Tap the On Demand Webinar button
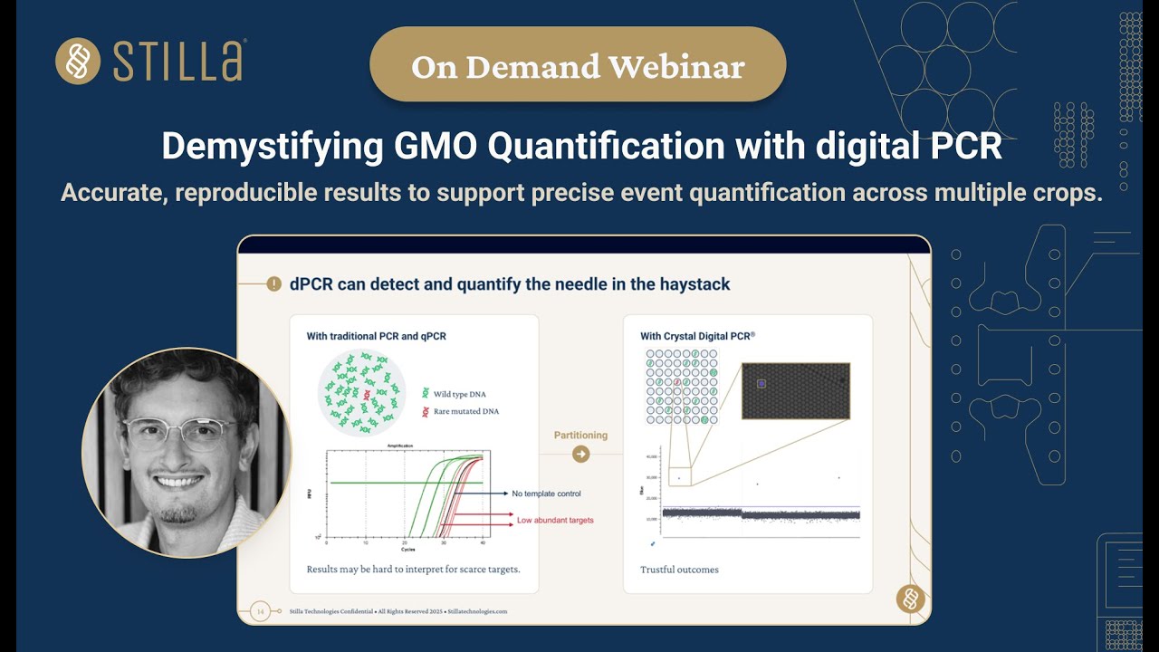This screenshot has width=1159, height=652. pyautogui.click(x=578, y=67)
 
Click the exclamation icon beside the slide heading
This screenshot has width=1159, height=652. pyautogui.click(x=273, y=284)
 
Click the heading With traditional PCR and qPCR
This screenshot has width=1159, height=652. pyautogui.click(x=376, y=336)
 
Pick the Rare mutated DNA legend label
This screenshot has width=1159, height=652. pyautogui.click(x=465, y=411)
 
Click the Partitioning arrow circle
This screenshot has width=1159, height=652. pyautogui.click(x=581, y=455)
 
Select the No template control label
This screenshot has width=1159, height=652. pyautogui.click(x=546, y=494)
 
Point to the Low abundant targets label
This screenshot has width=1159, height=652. pyautogui.click(x=555, y=521)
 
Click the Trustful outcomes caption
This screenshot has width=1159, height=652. pyautogui.click(x=679, y=570)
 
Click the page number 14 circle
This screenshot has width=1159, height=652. pyautogui.click(x=261, y=611)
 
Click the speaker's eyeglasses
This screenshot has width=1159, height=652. pyautogui.click(x=181, y=433)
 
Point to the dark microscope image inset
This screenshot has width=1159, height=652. pyautogui.click(x=795, y=390)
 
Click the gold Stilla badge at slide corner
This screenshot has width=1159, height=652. pyautogui.click(x=910, y=599)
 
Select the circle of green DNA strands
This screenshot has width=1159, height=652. pyautogui.click(x=362, y=392)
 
